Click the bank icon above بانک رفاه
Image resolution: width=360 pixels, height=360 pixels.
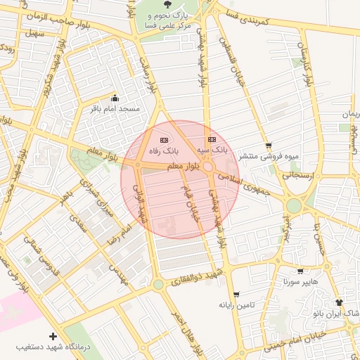(164, 141)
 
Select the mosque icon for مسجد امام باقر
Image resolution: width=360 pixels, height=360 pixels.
(115, 98)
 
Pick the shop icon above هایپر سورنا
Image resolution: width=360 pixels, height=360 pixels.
(300, 271)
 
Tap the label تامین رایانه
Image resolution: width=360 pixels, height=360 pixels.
(235, 304)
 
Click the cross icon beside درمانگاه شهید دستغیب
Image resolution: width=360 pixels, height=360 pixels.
(53, 337)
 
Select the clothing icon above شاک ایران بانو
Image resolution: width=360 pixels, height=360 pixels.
(340, 302)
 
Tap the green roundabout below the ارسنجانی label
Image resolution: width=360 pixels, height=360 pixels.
(294, 205)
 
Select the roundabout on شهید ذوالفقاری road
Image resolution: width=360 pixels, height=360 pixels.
(157, 284)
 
